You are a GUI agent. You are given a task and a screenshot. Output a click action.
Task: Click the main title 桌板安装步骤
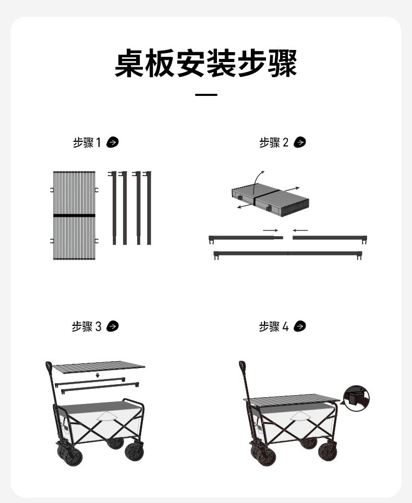coord(205,63)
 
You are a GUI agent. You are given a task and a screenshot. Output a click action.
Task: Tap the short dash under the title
coord(206,95)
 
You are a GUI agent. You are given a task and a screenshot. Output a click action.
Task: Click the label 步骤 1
coord(87,142)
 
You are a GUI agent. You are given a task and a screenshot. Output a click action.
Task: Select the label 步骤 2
coord(274,142)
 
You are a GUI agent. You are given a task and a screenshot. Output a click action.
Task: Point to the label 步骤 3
coord(87,327)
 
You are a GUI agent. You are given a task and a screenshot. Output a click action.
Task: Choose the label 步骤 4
coord(274,327)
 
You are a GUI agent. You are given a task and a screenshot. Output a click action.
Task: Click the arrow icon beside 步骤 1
coord(112,142)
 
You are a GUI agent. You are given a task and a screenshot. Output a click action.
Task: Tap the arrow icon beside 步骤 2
coord(300,142)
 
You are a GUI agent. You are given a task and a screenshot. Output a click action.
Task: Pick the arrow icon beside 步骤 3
coord(112,326)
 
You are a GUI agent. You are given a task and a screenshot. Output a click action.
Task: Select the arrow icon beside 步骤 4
coord(300,326)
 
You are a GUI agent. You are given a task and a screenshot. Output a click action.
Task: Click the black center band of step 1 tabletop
coord(74,215)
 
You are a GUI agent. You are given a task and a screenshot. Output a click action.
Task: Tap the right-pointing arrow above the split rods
coord(271,230)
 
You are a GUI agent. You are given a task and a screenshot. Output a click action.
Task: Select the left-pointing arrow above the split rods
coord(300,230)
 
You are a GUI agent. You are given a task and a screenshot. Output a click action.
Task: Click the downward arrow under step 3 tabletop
coord(98,375)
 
